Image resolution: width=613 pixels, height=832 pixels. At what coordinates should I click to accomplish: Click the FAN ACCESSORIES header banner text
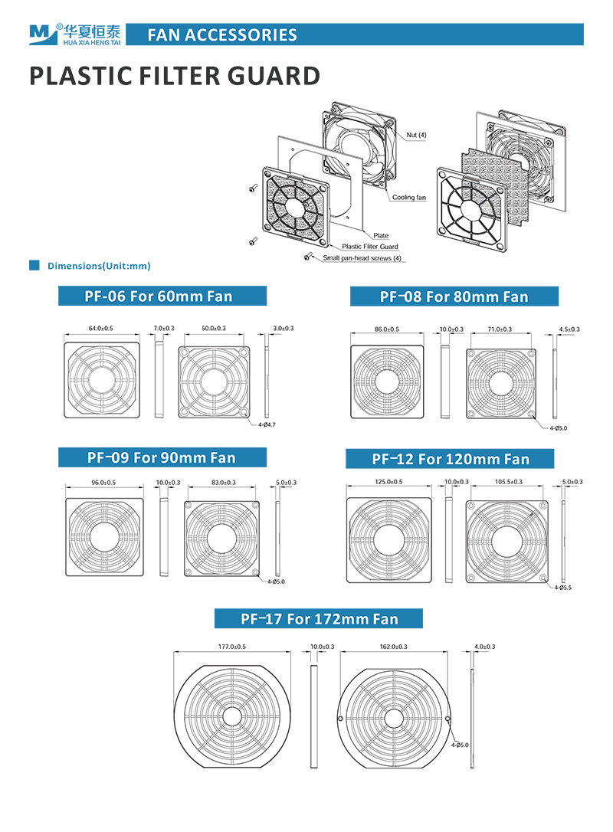(x=221, y=34)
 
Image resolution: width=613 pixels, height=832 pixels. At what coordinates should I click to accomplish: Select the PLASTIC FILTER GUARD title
(x=174, y=76)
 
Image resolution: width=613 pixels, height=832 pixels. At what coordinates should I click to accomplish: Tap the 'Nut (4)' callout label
(x=417, y=135)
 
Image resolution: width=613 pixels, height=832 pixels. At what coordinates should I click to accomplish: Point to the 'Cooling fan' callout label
(x=409, y=198)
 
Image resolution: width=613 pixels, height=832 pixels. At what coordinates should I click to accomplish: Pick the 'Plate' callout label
(x=381, y=235)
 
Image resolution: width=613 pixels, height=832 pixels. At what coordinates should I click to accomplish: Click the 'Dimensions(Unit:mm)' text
(x=99, y=267)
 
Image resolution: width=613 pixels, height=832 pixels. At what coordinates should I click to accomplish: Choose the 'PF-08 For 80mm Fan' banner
(x=454, y=296)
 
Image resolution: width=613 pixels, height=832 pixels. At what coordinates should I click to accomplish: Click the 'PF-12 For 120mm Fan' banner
(x=451, y=459)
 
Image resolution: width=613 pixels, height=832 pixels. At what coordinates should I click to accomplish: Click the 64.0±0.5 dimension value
(x=101, y=328)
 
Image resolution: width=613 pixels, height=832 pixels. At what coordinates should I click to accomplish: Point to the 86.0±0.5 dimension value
(x=387, y=329)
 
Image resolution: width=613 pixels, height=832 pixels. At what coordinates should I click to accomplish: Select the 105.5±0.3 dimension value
(x=510, y=482)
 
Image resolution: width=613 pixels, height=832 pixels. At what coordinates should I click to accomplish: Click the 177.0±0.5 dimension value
(x=232, y=647)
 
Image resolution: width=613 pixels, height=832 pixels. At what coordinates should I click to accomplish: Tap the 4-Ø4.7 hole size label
(x=267, y=424)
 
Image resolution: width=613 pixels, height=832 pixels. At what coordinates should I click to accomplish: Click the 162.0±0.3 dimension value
(x=393, y=647)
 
